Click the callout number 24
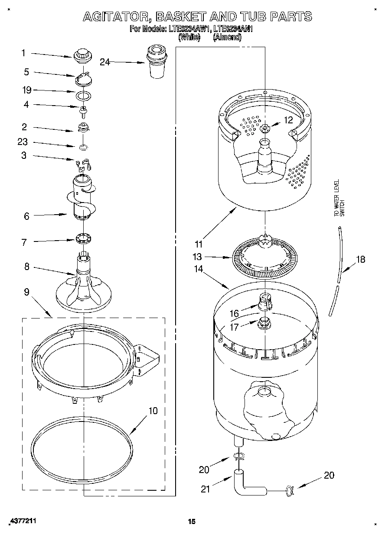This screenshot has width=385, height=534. [x=105, y=62]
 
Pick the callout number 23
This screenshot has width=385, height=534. [x=23, y=142]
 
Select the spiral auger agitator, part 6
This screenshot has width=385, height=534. [x=81, y=198]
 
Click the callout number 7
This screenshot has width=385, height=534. [x=24, y=242]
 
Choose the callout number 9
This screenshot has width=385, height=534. [x=26, y=292]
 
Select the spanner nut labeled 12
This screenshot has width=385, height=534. [x=264, y=128]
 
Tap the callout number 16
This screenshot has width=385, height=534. [x=234, y=313]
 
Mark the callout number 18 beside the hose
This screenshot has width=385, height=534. [x=360, y=259]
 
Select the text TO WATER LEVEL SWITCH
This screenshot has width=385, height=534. [x=339, y=198]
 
